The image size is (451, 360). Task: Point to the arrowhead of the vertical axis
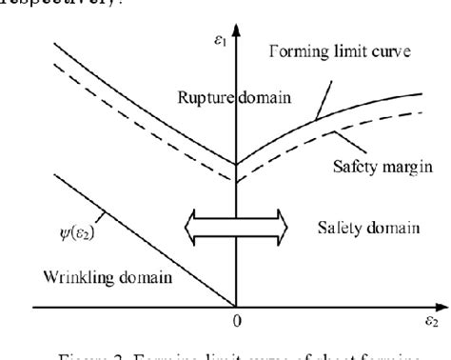click(236, 38)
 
